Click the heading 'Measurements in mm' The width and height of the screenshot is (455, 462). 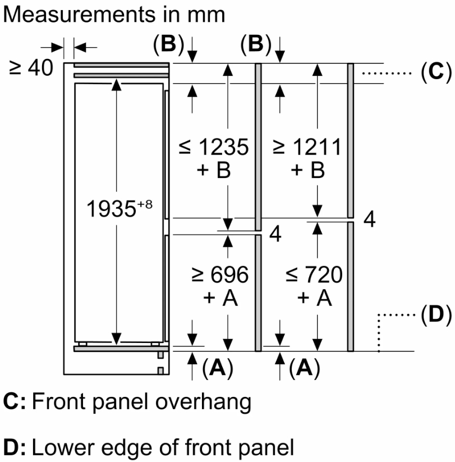click(114, 14)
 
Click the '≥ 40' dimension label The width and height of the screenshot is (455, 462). click(31, 68)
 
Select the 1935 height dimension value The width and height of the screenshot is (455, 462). click(110, 209)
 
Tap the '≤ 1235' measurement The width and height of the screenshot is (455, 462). click(213, 148)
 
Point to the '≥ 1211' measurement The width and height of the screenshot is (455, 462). click(306, 148)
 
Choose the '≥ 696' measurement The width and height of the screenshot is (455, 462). click(219, 275)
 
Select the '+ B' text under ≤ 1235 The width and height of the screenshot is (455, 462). click(214, 170)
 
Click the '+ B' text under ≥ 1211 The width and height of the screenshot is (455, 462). click(307, 170)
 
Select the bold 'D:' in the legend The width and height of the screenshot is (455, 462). click(14, 447)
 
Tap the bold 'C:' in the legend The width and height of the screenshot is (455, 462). click(14, 402)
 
